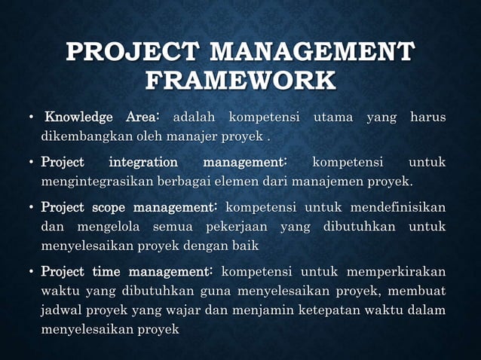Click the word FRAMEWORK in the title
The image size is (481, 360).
point(240,81)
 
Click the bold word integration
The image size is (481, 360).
point(144,161)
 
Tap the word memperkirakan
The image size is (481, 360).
point(393,270)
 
